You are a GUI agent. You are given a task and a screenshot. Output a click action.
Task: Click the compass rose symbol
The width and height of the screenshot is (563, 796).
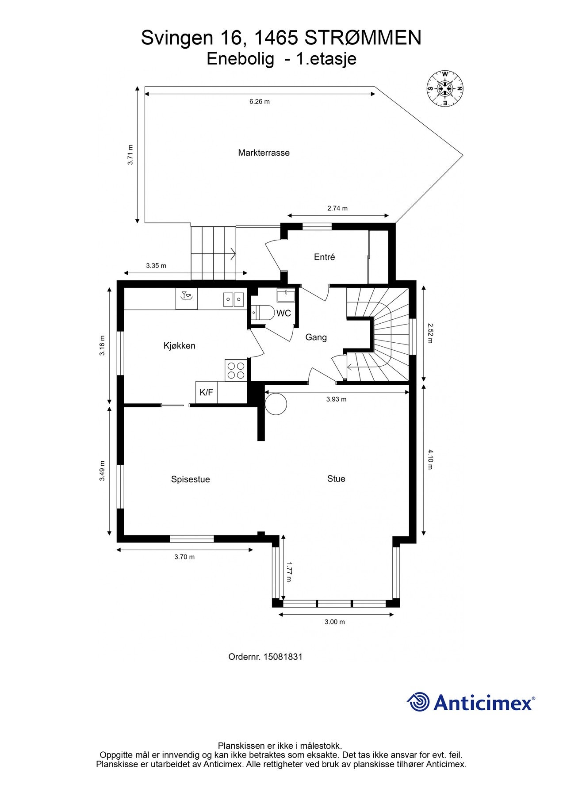tap(445, 88)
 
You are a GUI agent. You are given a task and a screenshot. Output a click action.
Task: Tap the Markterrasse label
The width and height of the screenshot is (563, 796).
tap(264, 153)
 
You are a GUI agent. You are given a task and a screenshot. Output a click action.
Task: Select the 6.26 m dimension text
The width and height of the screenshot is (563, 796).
tap(259, 102)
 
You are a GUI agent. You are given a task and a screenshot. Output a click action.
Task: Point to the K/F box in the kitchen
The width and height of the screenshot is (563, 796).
tap(207, 392)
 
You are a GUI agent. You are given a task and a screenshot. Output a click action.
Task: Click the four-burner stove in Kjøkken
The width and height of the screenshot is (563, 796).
tap(236, 371)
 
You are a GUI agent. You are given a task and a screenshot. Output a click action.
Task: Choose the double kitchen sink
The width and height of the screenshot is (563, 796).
tap(233, 300)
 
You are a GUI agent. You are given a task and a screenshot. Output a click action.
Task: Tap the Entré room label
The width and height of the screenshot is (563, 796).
tap(324, 257)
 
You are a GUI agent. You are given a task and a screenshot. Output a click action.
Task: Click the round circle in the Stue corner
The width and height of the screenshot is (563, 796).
tap(276, 404)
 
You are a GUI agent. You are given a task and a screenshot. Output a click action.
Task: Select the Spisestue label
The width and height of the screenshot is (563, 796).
tap(191, 479)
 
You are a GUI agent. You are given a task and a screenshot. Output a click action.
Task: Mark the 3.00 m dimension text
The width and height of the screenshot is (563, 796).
tap(335, 622)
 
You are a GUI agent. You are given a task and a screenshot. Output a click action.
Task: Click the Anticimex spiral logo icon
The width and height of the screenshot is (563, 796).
tap(418, 702)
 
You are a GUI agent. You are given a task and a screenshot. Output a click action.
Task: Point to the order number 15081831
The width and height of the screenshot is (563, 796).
tap(283, 657)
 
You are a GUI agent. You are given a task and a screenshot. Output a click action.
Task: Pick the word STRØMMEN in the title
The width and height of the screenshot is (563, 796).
tap(363, 38)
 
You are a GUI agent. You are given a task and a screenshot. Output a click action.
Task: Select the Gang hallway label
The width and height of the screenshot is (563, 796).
tap(316, 337)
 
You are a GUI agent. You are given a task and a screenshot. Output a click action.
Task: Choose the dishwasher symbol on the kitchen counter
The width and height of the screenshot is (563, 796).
tap(187, 299)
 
